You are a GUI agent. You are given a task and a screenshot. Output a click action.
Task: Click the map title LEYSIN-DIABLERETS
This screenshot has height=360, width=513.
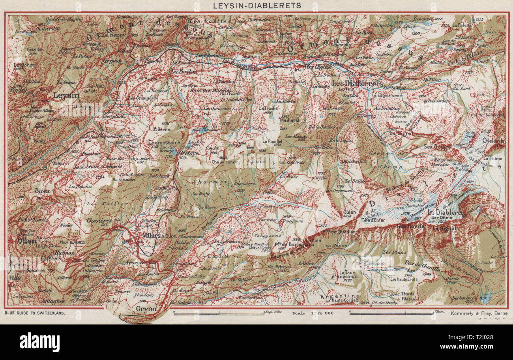click(x=256, y=6)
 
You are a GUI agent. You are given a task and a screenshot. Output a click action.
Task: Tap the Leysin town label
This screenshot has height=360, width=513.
click(x=66, y=96)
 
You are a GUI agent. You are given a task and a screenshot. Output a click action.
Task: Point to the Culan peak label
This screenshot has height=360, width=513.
click(x=350, y=212)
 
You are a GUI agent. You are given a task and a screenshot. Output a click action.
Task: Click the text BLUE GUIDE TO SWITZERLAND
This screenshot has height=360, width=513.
click(x=35, y=312)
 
